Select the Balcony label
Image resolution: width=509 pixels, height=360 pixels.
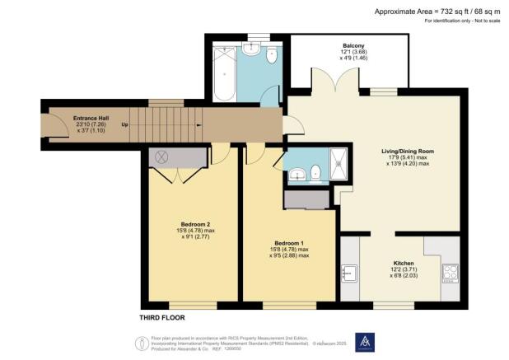click(354, 47)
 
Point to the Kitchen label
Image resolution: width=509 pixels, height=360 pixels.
click(403, 263)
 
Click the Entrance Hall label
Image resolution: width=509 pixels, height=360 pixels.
click(70, 118)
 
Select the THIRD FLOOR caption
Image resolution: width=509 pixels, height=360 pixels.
click(161, 317)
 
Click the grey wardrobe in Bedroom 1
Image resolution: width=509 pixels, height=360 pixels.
click(305, 199)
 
